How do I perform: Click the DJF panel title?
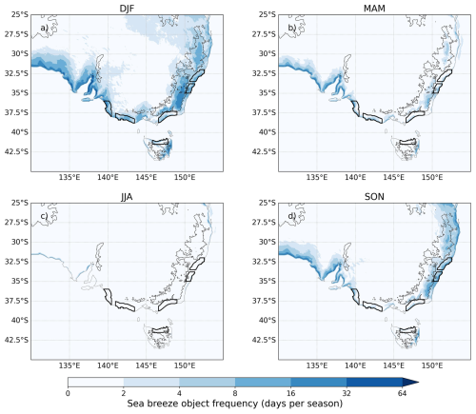click(x=127, y=9)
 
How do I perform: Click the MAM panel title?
click(x=374, y=9)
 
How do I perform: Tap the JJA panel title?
click(x=127, y=197)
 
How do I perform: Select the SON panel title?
click(x=374, y=197)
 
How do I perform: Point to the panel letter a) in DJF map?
click(x=44, y=28)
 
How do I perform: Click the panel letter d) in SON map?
click(x=291, y=216)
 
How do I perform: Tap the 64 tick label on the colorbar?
click(x=402, y=393)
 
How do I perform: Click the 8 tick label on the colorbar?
click(x=235, y=393)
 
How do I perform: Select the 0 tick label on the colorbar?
click(x=68, y=393)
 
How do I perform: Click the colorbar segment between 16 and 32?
click(x=319, y=383)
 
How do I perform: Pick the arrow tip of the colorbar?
click(x=419, y=383)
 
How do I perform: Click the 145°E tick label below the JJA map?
click(x=147, y=365)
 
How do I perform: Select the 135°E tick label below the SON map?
click(x=317, y=365)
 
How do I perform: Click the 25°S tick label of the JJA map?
click(x=20, y=203)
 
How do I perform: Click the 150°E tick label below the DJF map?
click(x=185, y=177)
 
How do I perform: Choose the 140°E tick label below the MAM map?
click(x=355, y=177)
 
